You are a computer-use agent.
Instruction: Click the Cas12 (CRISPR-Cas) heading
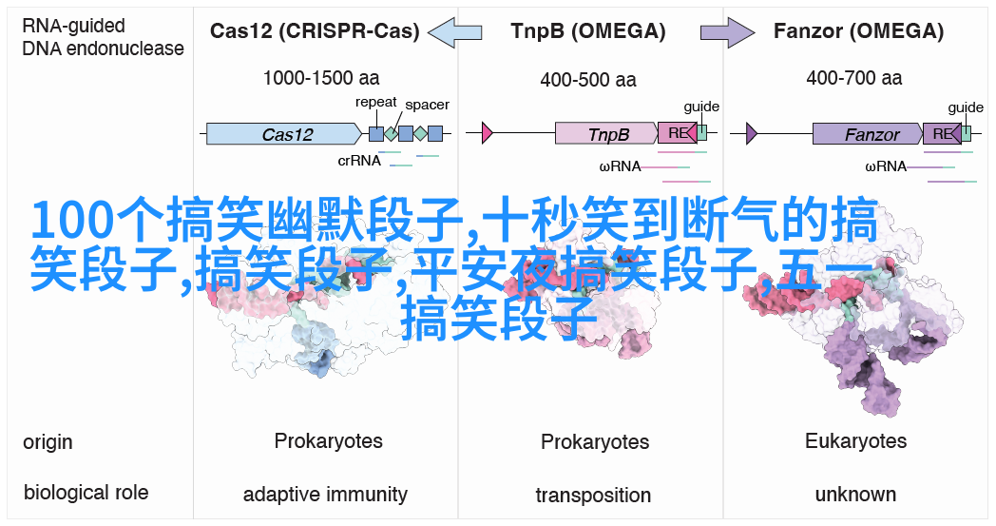(315, 30)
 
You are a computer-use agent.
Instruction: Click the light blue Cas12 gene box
(287, 134)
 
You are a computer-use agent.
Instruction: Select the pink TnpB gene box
(605, 134)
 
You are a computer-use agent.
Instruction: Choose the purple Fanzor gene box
(867, 134)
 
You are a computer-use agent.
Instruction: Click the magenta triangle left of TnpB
(488, 133)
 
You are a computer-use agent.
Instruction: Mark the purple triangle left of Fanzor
(752, 133)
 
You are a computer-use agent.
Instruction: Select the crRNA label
(359, 160)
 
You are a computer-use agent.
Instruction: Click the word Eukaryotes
(855, 441)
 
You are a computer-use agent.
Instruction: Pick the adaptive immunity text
(325, 495)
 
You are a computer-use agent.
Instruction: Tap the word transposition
(593, 496)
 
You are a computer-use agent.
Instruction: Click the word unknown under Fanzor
(855, 495)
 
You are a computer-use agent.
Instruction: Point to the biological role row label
(86, 492)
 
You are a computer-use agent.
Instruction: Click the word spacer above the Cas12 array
(427, 105)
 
